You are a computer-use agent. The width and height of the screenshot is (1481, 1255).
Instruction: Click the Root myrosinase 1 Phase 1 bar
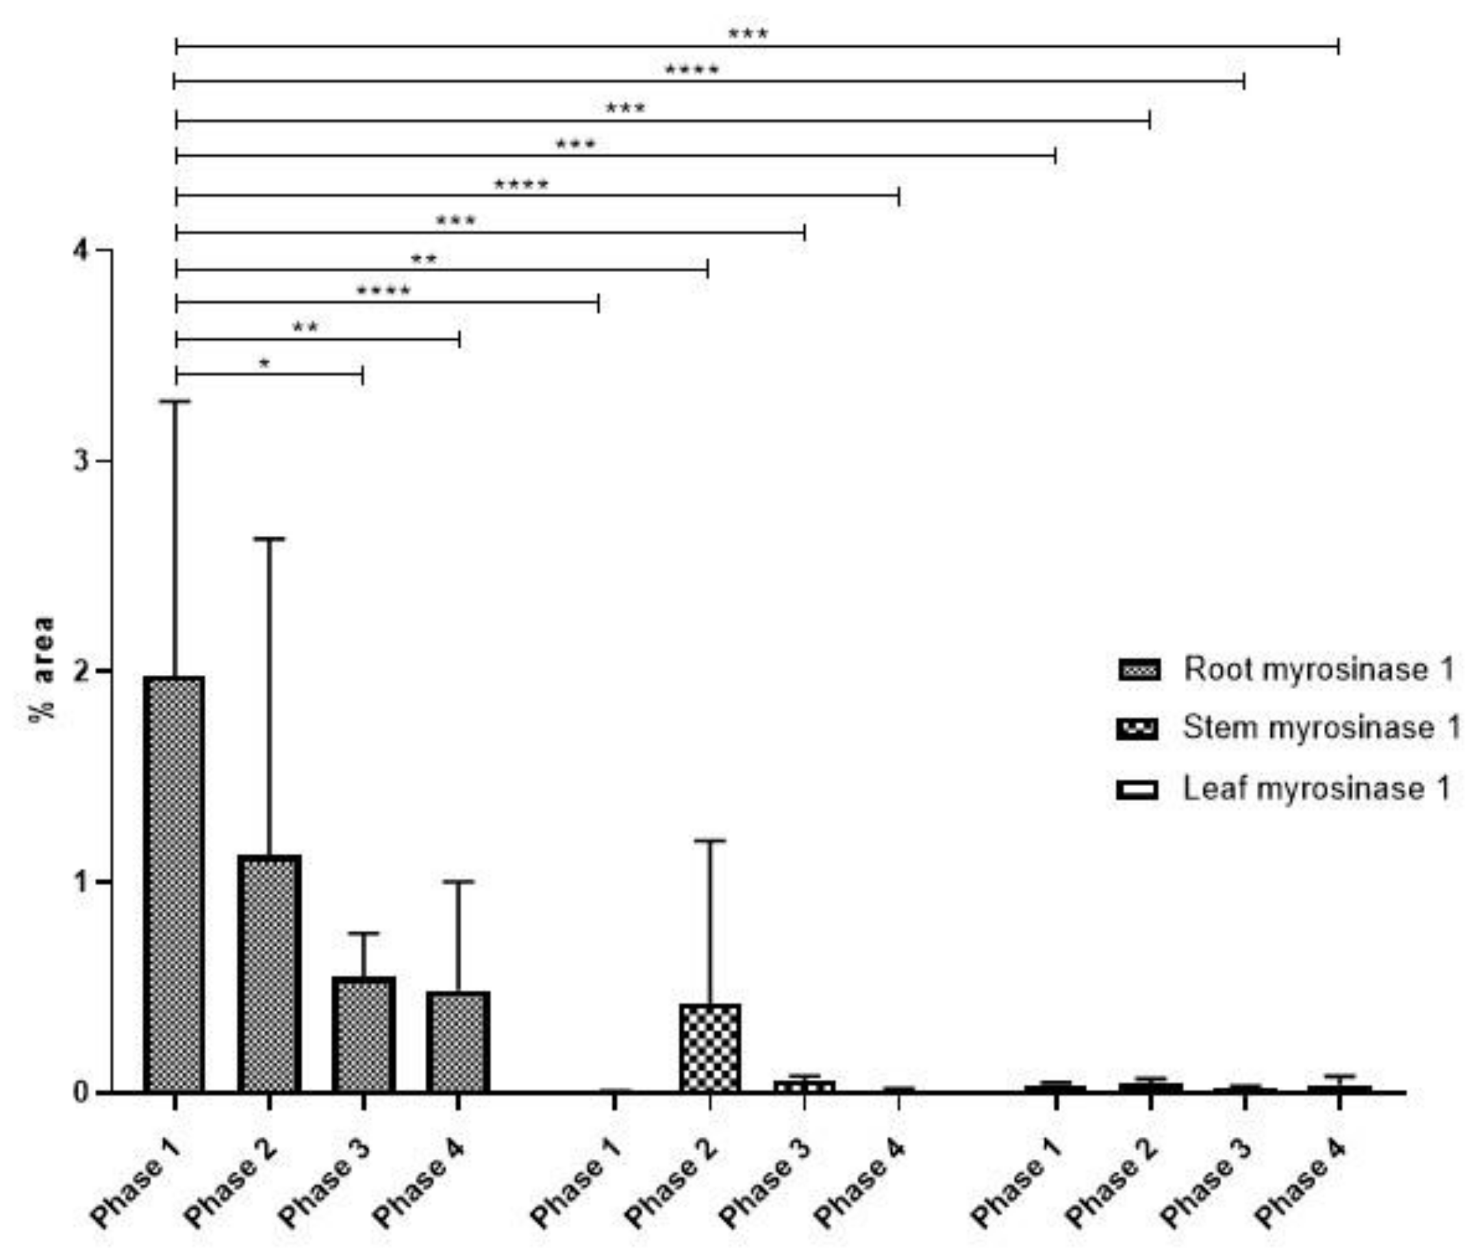[174, 882]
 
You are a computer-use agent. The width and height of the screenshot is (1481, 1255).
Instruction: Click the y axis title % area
[43, 670]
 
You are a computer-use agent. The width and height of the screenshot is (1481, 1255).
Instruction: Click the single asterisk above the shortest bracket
[264, 364]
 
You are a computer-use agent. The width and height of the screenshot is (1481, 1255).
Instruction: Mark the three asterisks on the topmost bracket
[748, 33]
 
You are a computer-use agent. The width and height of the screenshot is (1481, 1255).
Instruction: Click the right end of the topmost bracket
[1338, 46]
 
